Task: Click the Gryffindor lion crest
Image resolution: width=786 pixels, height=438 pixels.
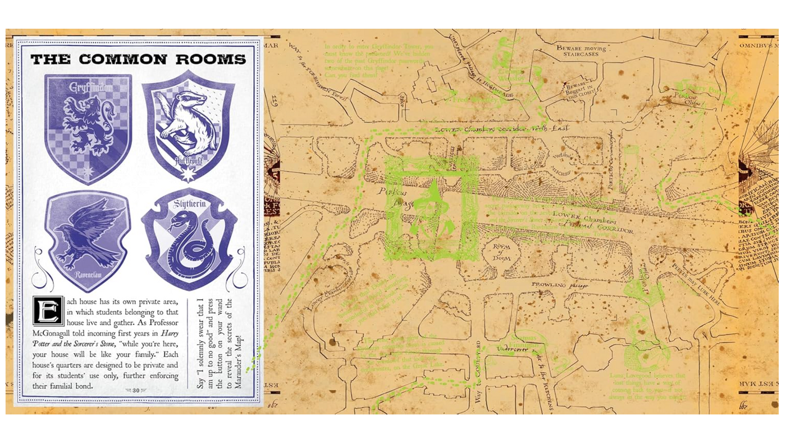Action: point(88,128)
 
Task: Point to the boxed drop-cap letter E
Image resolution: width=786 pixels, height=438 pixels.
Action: point(48,310)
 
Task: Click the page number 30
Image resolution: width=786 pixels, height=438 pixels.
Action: point(136,390)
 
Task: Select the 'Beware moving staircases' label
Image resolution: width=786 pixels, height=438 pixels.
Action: point(582,51)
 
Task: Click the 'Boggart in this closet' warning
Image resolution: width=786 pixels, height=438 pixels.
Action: point(580,90)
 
